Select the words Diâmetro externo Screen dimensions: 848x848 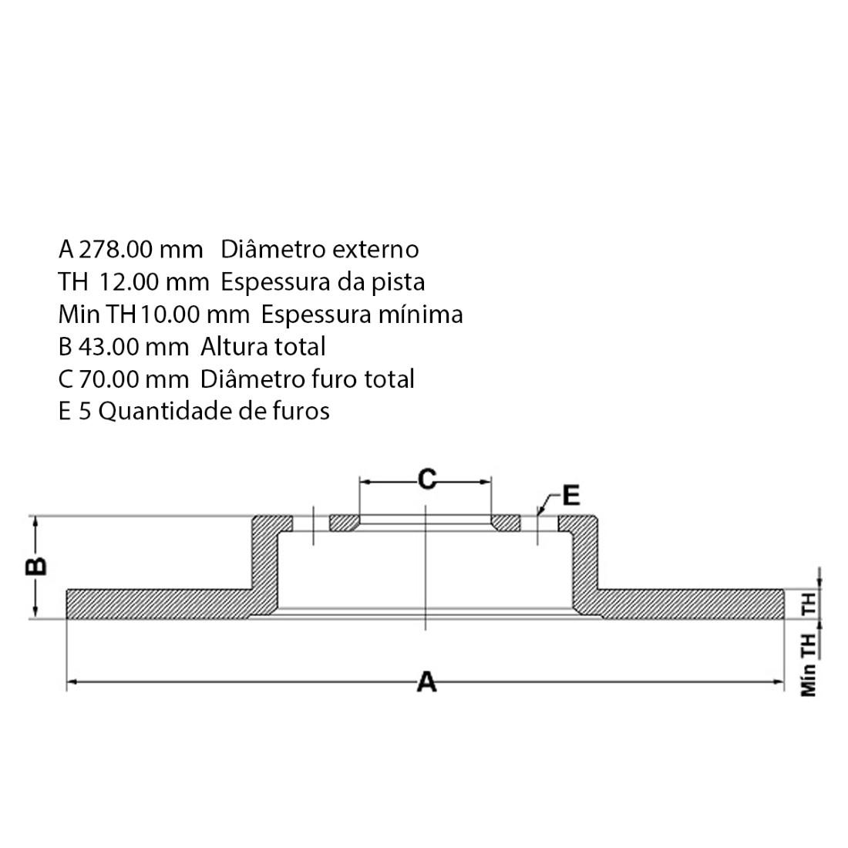(320, 249)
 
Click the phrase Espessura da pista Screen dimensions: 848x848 (323, 282)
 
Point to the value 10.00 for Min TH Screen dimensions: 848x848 (167, 315)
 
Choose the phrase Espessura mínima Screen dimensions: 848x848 (362, 315)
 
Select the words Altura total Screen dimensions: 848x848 (263, 347)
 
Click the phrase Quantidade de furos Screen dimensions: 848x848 (214, 411)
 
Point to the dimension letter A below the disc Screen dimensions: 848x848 (426, 682)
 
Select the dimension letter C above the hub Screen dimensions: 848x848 (426, 480)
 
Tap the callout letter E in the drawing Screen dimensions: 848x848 (570, 495)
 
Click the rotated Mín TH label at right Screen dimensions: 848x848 (809, 665)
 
